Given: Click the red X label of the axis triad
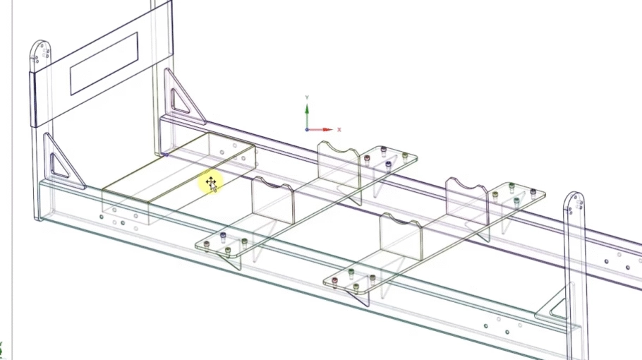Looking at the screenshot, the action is pyautogui.click(x=339, y=130).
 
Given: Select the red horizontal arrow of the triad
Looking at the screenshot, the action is pyautogui.click(x=321, y=130).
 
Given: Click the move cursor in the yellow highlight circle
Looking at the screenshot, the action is pyautogui.click(x=211, y=184).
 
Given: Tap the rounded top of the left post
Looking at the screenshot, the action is pyautogui.click(x=40, y=51).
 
